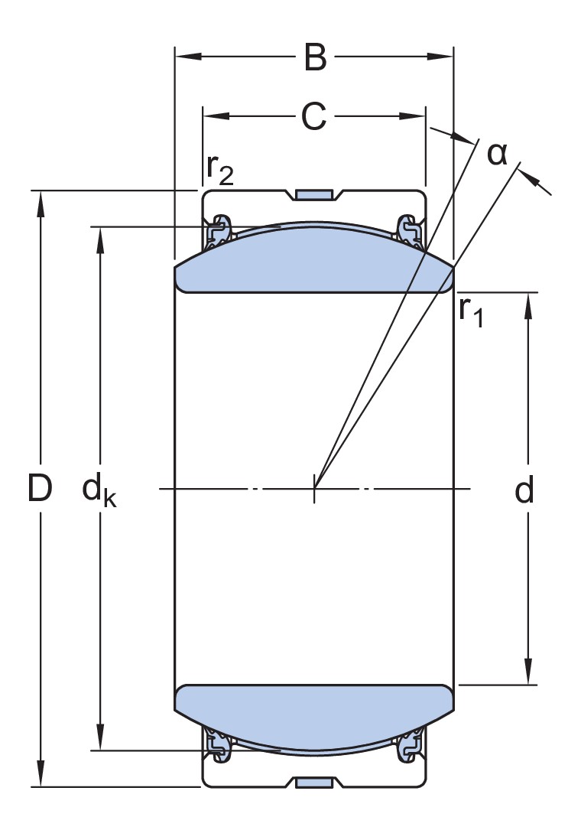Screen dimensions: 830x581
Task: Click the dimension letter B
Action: (x=314, y=57)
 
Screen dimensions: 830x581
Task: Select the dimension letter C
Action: (x=313, y=116)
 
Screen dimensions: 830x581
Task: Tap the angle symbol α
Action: (x=497, y=154)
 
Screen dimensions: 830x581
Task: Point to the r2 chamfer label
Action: (x=219, y=170)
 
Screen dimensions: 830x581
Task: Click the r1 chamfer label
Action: (x=471, y=310)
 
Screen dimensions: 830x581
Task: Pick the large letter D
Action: (x=40, y=489)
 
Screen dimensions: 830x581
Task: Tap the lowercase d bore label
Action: (x=524, y=490)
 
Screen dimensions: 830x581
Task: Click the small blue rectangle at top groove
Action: (x=314, y=194)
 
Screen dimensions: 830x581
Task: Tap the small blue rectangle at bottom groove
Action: (x=314, y=782)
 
